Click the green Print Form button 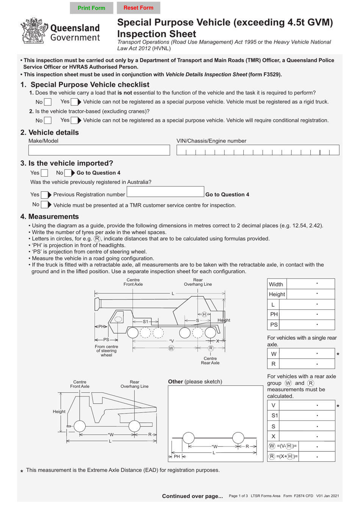[91, 8]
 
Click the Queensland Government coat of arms [34, 31]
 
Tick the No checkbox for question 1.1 [48, 102]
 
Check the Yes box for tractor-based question [74, 121]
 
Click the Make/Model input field [99, 150]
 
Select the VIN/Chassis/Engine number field [258, 150]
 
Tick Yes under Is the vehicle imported [44, 173]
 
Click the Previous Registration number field [165, 192]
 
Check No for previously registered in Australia [44, 205]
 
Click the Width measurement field [311, 284]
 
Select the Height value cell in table [311, 294]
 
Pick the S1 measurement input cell [307, 415]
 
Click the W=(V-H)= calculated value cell [317, 446]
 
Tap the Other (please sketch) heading [195, 382]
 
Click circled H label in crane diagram [204, 314]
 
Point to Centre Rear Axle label [210, 360]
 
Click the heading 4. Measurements [50, 217]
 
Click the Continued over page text [192, 496]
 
